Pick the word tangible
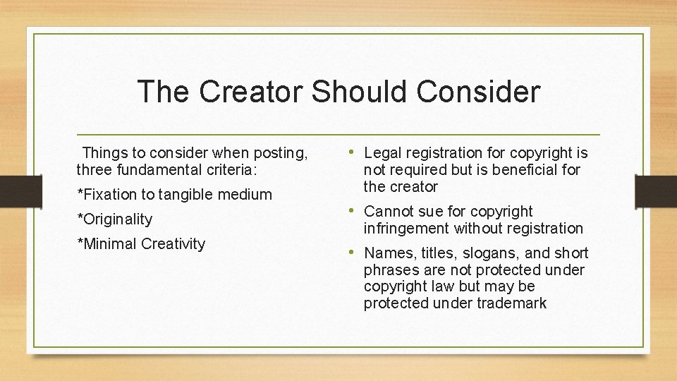pyautogui.click(x=187, y=194)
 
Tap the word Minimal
pyautogui.click(x=109, y=243)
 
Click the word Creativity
pyautogui.click(x=173, y=243)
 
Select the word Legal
pyautogui.click(x=382, y=153)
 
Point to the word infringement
pyautogui.click(x=406, y=229)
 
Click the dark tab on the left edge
pyautogui.click(x=12, y=190)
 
